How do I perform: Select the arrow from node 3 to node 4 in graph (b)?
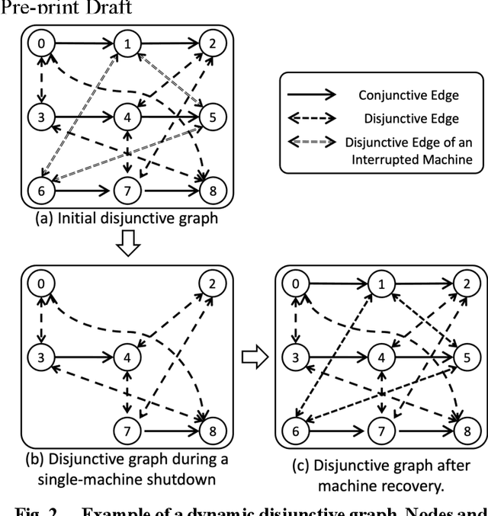click(x=82, y=356)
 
